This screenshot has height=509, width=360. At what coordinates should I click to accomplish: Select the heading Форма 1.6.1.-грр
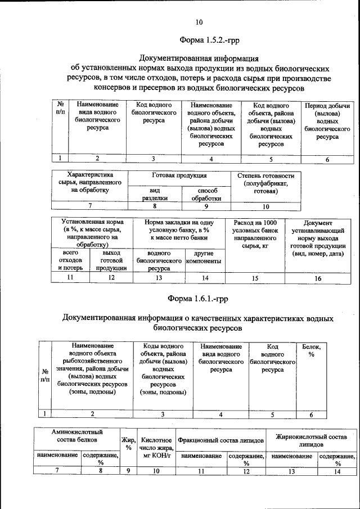198,297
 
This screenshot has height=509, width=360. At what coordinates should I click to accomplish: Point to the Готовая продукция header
179,175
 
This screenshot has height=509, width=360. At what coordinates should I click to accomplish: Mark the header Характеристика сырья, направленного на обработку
90,183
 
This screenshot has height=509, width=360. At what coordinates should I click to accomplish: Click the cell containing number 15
255,278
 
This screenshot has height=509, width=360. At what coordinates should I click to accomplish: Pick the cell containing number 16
318,278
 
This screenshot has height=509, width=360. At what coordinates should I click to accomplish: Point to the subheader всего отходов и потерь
70,260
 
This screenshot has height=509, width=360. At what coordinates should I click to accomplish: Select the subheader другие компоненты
205,258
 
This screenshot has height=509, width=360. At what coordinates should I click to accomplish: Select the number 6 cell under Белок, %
311,415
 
